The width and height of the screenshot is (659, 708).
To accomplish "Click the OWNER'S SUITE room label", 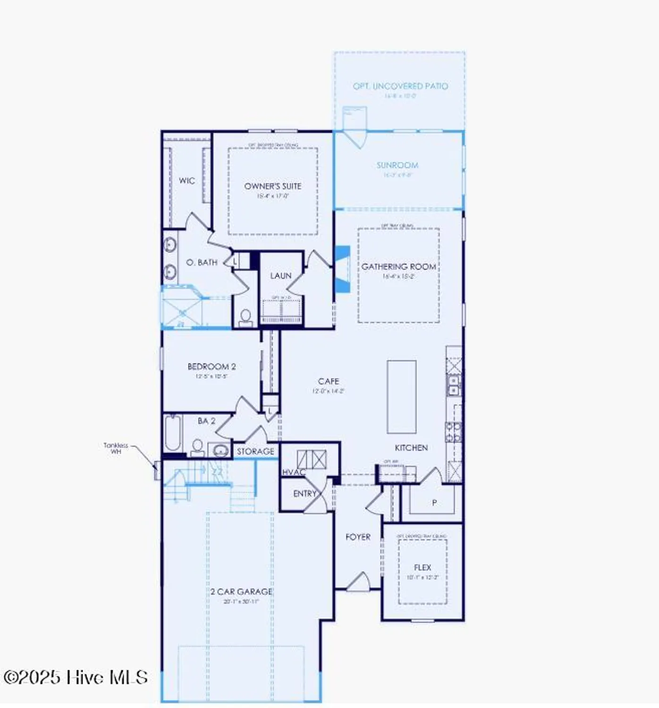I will click(x=272, y=186).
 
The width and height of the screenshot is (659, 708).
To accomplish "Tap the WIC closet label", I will click(x=186, y=180).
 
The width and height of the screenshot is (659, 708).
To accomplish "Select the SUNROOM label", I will click(x=397, y=165).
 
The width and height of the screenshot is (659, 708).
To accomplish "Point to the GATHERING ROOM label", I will click(x=398, y=267).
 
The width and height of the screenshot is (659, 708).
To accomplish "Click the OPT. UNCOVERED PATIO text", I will click(x=400, y=86).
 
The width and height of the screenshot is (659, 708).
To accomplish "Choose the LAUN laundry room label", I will click(x=280, y=276).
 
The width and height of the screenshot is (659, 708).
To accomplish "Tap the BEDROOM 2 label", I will click(x=211, y=366).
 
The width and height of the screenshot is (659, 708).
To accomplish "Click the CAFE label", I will click(x=329, y=381).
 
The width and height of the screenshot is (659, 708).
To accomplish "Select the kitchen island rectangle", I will click(x=401, y=396).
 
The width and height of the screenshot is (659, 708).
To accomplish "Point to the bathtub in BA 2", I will click(x=172, y=433).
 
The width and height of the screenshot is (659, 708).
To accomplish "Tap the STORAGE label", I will click(x=255, y=451).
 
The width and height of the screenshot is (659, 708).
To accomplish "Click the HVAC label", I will click(x=294, y=472).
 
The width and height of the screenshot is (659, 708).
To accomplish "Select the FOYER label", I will click(x=358, y=537).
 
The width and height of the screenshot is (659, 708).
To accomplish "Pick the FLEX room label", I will click(x=422, y=567).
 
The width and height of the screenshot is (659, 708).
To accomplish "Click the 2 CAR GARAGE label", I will click(x=241, y=591).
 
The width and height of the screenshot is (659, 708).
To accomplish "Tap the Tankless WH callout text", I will click(x=116, y=448).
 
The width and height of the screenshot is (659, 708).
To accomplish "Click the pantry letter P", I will click(x=434, y=503).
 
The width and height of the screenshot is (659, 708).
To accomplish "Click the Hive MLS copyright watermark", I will click(x=76, y=677).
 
